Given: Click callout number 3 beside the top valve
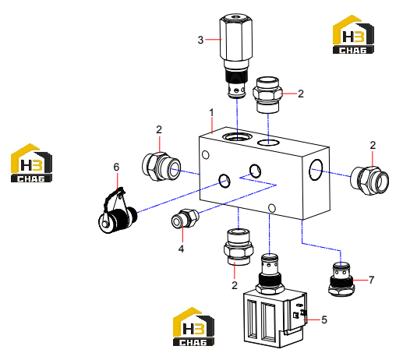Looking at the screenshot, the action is [x=200, y=40].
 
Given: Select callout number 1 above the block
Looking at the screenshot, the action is [x=211, y=113].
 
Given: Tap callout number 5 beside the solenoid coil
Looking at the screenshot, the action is [x=324, y=319].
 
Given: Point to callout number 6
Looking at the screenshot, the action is [x=116, y=167].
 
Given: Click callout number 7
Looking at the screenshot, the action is [x=372, y=280].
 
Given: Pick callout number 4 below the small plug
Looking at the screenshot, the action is [x=181, y=249].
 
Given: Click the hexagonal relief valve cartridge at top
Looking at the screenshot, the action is [x=236, y=57].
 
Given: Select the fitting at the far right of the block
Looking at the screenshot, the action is [x=369, y=180].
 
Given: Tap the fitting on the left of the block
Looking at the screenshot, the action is [x=161, y=167].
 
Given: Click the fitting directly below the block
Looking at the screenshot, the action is [x=239, y=247].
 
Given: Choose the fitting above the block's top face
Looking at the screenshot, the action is [x=267, y=95].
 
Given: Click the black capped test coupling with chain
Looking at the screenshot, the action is [x=118, y=212].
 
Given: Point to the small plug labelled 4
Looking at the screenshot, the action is [x=185, y=219].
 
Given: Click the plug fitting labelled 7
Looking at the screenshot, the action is [x=341, y=279].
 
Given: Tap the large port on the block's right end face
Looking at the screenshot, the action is [x=316, y=170].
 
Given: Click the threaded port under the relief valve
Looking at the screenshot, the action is [x=237, y=136].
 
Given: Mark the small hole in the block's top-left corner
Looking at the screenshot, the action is [x=206, y=155].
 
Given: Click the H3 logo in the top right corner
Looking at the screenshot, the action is [x=353, y=34].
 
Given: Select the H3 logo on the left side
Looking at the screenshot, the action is [x=31, y=163].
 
